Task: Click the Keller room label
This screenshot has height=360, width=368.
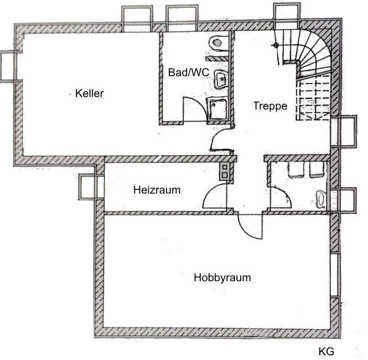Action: pyautogui.click(x=89, y=94)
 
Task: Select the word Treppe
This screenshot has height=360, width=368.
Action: pyautogui.click(x=270, y=106)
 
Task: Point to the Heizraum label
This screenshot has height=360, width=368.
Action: pyautogui.click(x=157, y=190)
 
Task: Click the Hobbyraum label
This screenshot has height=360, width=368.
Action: pyautogui.click(x=222, y=278)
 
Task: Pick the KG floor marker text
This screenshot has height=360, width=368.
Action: pyautogui.click(x=326, y=351)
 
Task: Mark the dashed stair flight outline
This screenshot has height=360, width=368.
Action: pyautogui.click(x=313, y=99)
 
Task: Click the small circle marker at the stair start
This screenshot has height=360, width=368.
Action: pyautogui.click(x=275, y=45)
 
